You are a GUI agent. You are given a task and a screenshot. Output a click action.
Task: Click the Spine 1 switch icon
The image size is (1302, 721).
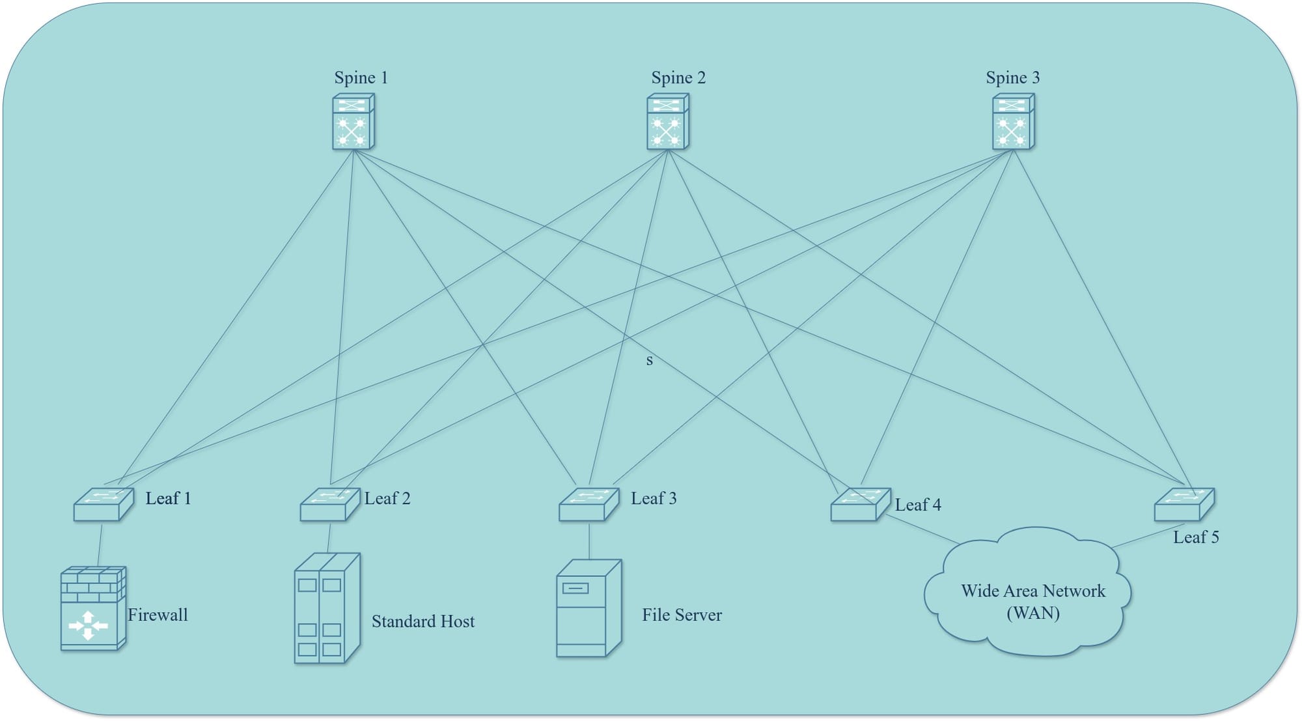click(x=353, y=122)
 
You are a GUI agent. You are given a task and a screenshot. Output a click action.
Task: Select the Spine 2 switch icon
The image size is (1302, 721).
click(x=668, y=122)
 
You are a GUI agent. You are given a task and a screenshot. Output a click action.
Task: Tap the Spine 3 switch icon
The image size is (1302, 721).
click(x=1014, y=122)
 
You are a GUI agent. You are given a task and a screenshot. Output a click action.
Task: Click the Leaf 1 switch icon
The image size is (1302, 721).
click(x=104, y=505)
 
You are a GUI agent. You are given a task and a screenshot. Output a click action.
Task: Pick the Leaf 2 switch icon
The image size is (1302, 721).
click(x=330, y=505)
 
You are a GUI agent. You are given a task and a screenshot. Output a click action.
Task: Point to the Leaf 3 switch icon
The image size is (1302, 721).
click(x=589, y=505)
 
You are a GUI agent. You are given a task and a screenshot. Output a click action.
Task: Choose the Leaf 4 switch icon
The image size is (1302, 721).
click(x=861, y=505)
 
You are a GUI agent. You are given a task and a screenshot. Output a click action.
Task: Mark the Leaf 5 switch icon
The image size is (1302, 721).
click(x=1184, y=505)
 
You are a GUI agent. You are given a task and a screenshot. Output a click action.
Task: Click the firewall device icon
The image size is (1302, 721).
click(x=93, y=608)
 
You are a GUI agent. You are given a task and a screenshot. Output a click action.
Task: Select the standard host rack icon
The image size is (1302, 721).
click(x=327, y=608)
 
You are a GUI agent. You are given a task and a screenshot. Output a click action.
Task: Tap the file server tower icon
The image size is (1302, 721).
click(x=589, y=608)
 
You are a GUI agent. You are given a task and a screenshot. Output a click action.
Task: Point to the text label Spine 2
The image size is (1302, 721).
click(x=678, y=78)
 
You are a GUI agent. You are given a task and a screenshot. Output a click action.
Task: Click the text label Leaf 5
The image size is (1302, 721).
click(x=1196, y=537)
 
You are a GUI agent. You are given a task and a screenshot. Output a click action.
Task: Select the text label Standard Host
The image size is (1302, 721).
click(x=423, y=621)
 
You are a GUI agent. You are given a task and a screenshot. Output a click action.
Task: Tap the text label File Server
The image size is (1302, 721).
click(x=682, y=615)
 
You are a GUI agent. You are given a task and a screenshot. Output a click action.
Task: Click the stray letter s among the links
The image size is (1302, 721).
click(x=649, y=360)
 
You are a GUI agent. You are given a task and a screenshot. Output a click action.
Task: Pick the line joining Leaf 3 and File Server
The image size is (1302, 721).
click(x=589, y=541)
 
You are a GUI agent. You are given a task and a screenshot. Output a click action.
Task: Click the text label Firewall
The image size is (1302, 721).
click(x=158, y=615)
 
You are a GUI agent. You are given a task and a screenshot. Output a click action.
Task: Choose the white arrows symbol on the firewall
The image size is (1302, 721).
click(x=89, y=625)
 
